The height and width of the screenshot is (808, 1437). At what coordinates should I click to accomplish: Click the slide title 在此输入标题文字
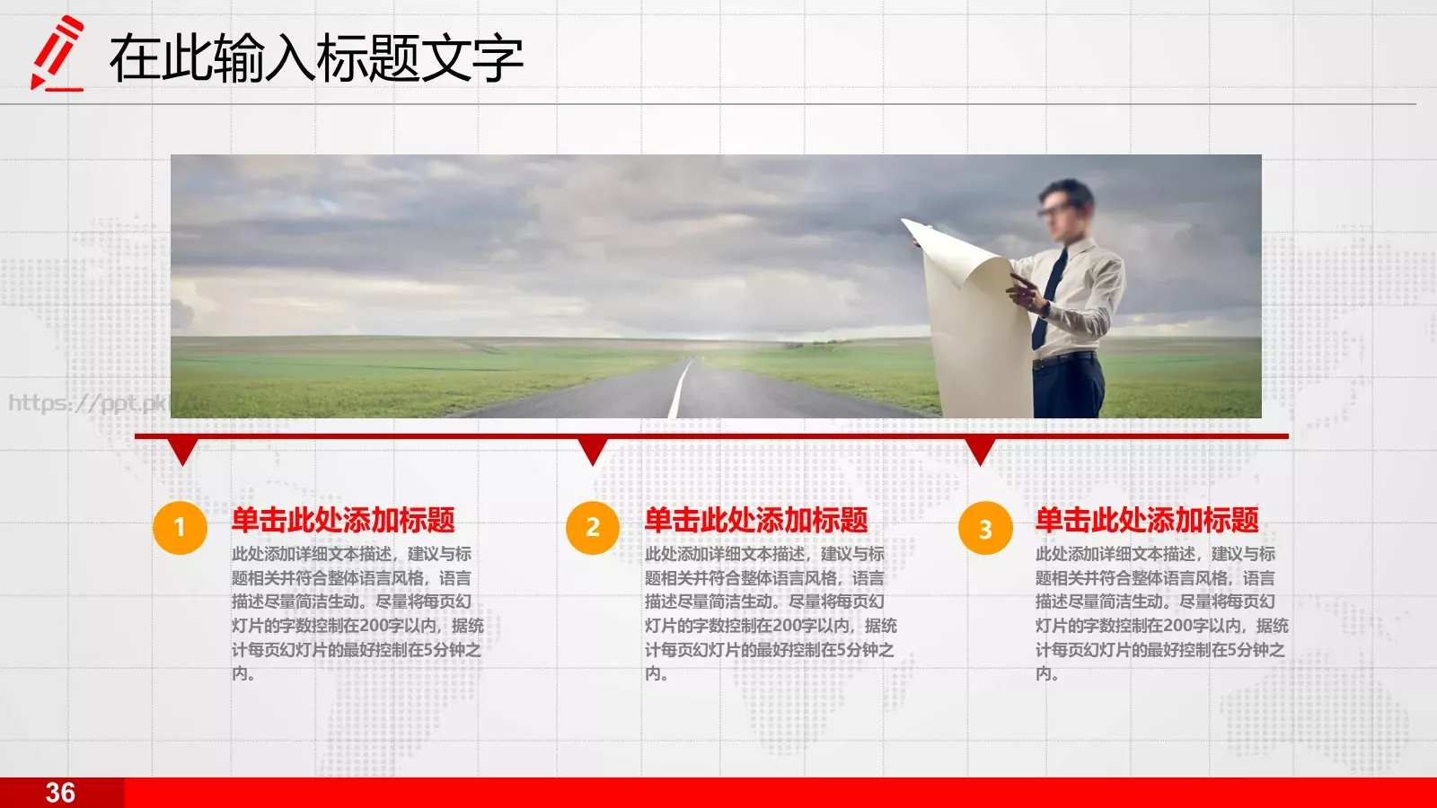tap(316, 59)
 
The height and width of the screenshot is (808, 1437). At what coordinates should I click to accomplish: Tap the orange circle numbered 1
tap(180, 527)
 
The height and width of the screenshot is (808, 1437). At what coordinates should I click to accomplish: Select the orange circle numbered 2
tap(593, 527)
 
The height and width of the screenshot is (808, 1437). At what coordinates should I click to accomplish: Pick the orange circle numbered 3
tap(985, 528)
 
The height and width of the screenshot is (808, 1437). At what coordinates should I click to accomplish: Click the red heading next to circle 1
tap(343, 521)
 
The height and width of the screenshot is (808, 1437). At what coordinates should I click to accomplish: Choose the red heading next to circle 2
tap(756, 521)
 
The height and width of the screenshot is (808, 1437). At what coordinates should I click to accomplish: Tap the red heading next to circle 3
tap(1147, 521)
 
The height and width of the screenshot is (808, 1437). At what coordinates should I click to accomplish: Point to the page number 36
tap(60, 793)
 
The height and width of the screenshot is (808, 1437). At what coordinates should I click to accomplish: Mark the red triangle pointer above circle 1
tap(182, 450)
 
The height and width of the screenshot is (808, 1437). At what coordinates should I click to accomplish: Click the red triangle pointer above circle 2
tap(593, 450)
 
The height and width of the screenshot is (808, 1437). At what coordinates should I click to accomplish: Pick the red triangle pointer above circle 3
tap(980, 450)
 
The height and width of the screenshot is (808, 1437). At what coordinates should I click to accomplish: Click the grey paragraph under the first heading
tap(357, 613)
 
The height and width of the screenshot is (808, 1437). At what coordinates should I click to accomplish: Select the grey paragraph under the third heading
tap(1160, 613)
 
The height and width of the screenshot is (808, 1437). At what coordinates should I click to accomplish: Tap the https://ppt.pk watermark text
tap(88, 403)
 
